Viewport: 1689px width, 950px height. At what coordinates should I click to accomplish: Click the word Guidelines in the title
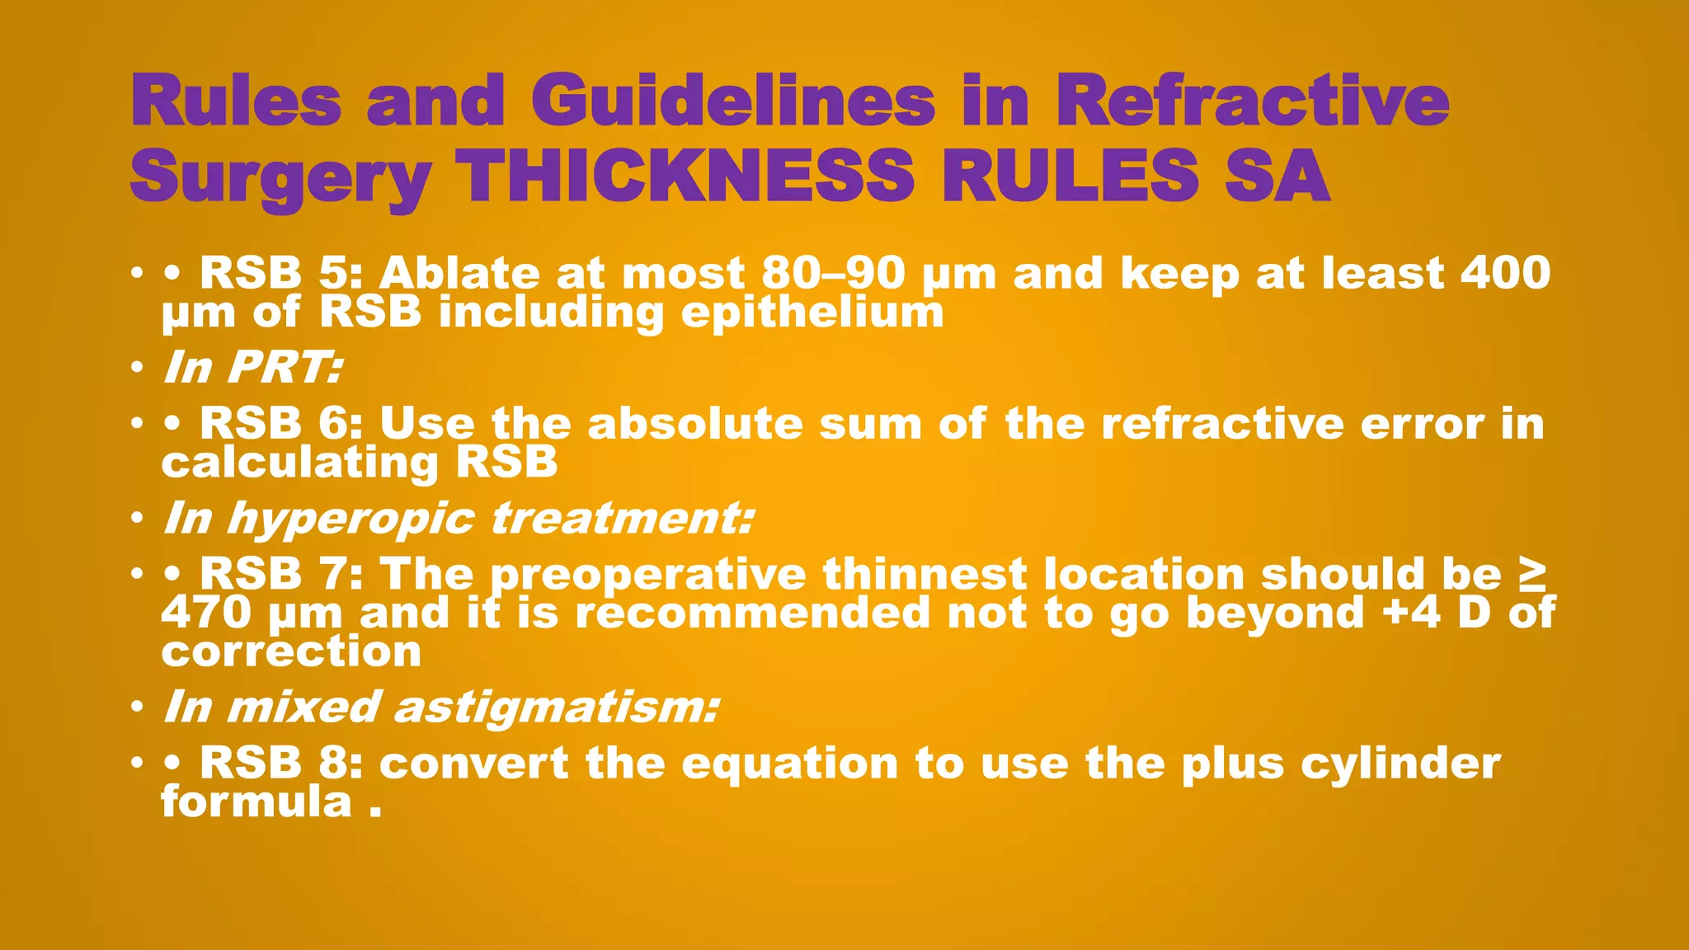(x=738, y=101)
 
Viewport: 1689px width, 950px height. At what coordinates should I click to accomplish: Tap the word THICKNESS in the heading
(x=685, y=176)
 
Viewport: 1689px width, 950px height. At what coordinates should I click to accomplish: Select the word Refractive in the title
(x=1252, y=101)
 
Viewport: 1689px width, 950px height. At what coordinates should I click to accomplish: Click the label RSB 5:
(x=281, y=273)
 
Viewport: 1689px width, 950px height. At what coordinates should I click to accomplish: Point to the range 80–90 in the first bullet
(x=833, y=273)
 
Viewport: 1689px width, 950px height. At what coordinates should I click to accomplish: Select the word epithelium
(x=812, y=313)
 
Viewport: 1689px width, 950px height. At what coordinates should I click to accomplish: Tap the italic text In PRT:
(x=252, y=367)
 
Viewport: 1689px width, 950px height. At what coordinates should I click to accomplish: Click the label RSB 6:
(x=281, y=424)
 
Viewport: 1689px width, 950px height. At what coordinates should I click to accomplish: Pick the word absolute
(x=695, y=424)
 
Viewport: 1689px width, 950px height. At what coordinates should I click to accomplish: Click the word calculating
(x=299, y=463)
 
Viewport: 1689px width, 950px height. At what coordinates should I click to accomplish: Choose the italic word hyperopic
(x=351, y=519)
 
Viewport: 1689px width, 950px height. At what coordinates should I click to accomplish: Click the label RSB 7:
(x=281, y=574)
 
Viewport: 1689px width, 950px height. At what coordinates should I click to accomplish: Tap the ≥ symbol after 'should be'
(x=1531, y=574)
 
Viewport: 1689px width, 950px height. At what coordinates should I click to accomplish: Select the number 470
(x=206, y=613)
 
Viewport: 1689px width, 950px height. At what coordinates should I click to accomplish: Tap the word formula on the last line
(x=256, y=802)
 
